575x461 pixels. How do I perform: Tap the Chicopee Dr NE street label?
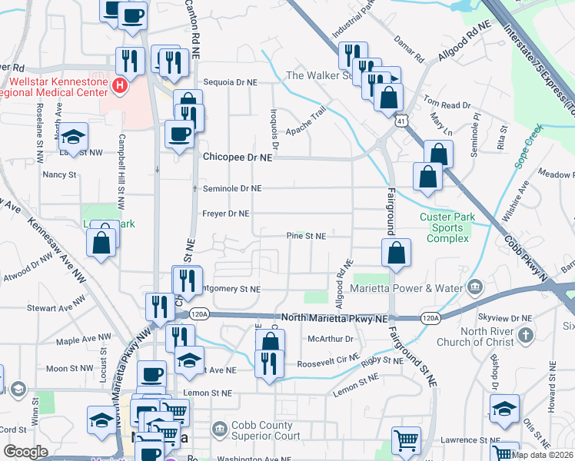tap(238, 156)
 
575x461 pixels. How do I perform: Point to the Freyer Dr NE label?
tap(226, 213)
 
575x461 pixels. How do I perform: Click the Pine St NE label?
tap(306, 236)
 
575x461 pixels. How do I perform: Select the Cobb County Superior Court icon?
tap(219, 427)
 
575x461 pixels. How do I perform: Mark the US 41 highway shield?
tap(401, 121)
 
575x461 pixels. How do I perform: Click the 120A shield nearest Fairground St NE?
tap(430, 317)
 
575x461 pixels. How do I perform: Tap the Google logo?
tap(25, 452)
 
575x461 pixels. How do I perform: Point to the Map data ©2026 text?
tap(542, 455)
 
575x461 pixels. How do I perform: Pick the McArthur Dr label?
tap(330, 338)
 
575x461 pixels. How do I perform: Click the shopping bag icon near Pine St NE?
tap(395, 254)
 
